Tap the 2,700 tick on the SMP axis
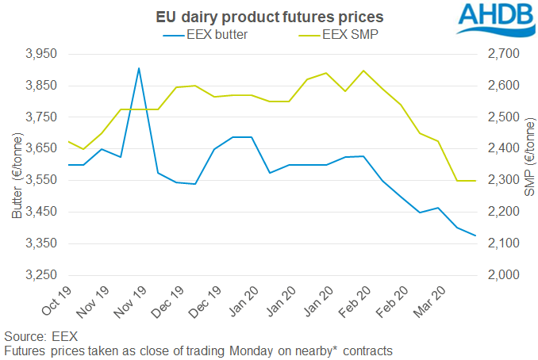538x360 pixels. point(501,54)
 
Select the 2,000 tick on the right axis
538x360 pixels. point(501,275)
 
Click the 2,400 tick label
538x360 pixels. point(501,149)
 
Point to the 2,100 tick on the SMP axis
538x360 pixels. point(501,243)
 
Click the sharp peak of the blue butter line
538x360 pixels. point(139,68)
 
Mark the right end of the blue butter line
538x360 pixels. point(475,236)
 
